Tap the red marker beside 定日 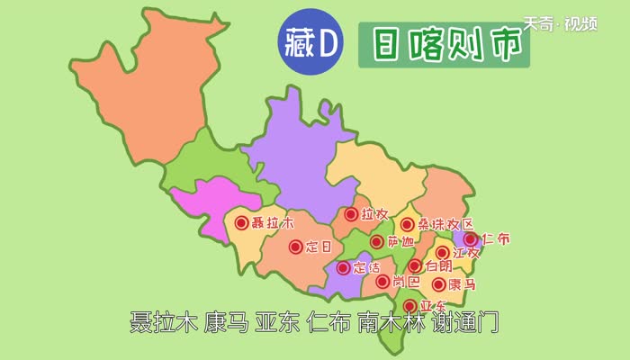(295, 247)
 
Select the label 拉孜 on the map (374, 215)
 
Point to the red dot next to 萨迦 (376, 242)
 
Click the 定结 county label (367, 267)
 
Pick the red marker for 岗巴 (383, 282)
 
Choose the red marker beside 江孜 (443, 253)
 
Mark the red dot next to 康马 (439, 284)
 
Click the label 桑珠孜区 (441, 225)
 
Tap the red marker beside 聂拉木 (241, 222)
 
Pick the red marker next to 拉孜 (350, 215)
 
